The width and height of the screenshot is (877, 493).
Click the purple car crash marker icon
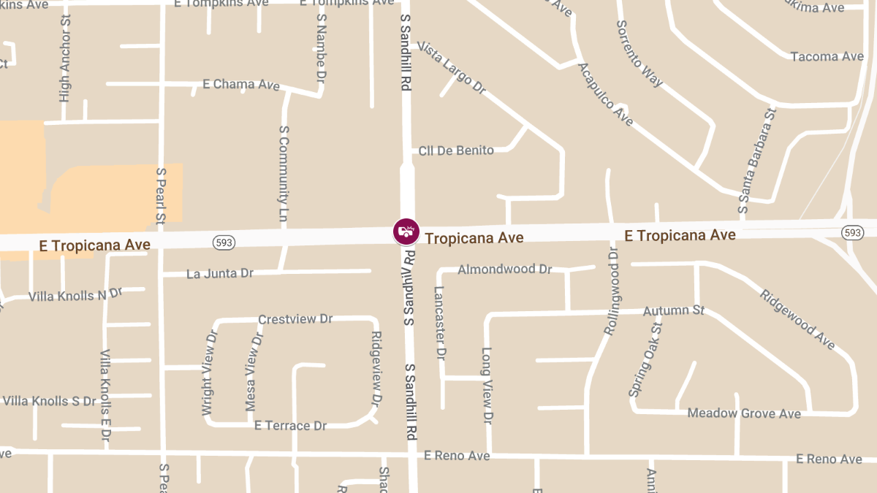pyautogui.click(x=406, y=232)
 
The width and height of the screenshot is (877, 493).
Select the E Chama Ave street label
pyautogui.click(x=240, y=85)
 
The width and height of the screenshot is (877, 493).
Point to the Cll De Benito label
pyautogui.click(x=456, y=150)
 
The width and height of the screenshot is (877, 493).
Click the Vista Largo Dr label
pyautogui.click(x=452, y=67)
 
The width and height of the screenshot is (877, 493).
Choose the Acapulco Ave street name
pyautogui.click(x=605, y=94)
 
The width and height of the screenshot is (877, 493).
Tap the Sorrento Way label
pyautogui.click(x=639, y=53)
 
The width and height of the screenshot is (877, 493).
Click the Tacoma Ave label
pyautogui.click(x=827, y=56)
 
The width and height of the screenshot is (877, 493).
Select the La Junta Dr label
pyautogui.click(x=219, y=274)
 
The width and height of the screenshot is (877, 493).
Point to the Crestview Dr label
pyautogui.click(x=295, y=320)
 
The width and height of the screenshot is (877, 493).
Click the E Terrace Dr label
pyautogui.click(x=289, y=426)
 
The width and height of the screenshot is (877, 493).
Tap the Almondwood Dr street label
pyautogui.click(x=504, y=270)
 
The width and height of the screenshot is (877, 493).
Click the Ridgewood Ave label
pyautogui.click(x=797, y=319)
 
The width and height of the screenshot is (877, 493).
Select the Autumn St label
pyautogui.click(x=673, y=310)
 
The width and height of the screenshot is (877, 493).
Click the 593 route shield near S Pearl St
pyautogui.click(x=224, y=242)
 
